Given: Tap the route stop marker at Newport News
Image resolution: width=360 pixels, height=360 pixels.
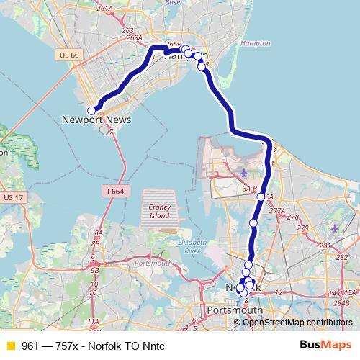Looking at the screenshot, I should (x=91, y=110).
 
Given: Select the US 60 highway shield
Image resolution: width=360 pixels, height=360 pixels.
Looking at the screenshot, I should (x=67, y=55).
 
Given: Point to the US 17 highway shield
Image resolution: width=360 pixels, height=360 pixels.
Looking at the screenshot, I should (x=13, y=197).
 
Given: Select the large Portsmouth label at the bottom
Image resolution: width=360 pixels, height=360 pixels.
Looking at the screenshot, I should (x=234, y=310).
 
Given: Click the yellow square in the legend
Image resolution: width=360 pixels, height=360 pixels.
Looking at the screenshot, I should (x=10, y=346).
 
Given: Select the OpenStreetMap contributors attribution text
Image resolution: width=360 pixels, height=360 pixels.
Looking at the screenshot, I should (x=297, y=322).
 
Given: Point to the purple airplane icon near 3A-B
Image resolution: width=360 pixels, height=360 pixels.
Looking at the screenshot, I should (x=243, y=173).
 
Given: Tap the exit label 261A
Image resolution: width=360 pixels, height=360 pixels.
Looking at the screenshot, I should (x=104, y=8).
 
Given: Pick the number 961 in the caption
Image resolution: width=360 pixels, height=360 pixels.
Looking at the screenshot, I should (x=30, y=346).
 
